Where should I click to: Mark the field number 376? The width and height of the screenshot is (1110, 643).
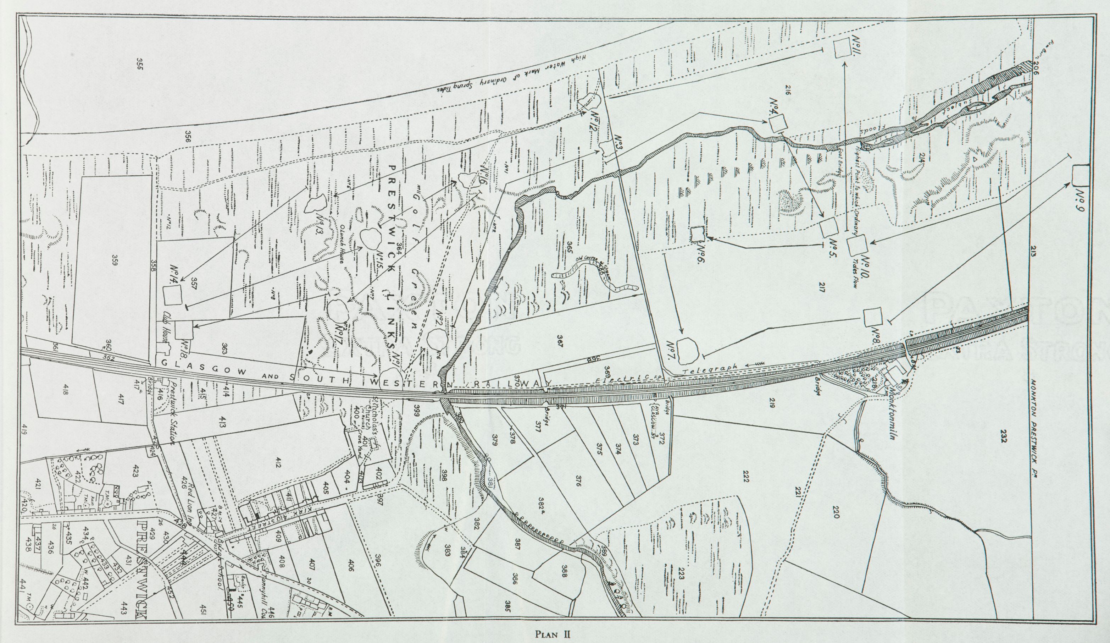[578, 483]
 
